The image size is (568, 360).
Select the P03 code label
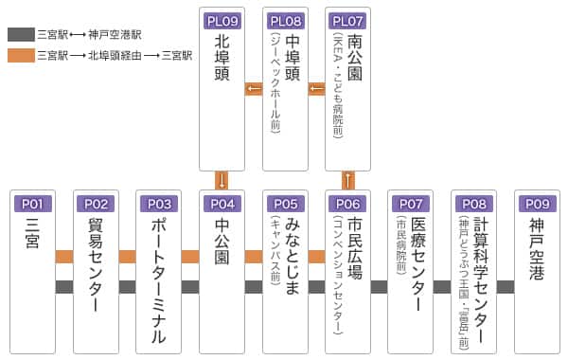pos(159,204)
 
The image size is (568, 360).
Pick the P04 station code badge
pos(222,204)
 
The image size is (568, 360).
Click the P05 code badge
pos(285,204)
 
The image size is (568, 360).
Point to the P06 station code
pos(348,204)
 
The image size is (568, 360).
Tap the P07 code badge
pos(411,204)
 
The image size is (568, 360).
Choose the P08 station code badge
pos(474,204)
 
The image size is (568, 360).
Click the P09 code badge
pos(538,204)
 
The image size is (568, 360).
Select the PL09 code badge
pos(222,20)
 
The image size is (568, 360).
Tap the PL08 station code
pos(285,20)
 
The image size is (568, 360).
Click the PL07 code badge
pos(348,20)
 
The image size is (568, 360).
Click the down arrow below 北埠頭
pos(222,180)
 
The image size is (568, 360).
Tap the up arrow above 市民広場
pos(348,180)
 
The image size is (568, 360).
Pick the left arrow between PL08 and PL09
pos(254,90)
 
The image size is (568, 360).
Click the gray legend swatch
pos(21,33)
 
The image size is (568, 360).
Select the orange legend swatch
pos(21,56)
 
